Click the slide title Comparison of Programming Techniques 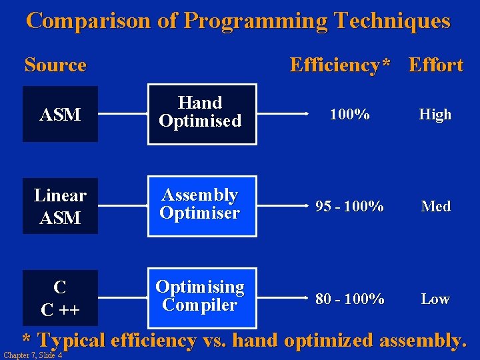pos(238,21)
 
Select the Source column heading pos(55,65)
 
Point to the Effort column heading pos(435,65)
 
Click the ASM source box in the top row pos(60,114)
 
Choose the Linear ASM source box pos(60,206)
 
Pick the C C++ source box pos(60,298)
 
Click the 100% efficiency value pos(350,115)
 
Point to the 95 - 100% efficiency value pos(349,207)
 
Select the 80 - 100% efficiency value pos(349,299)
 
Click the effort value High pos(435,115)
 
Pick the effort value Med pos(435,207)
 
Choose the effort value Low pos(435,299)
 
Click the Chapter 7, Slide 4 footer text pos(33,355)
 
